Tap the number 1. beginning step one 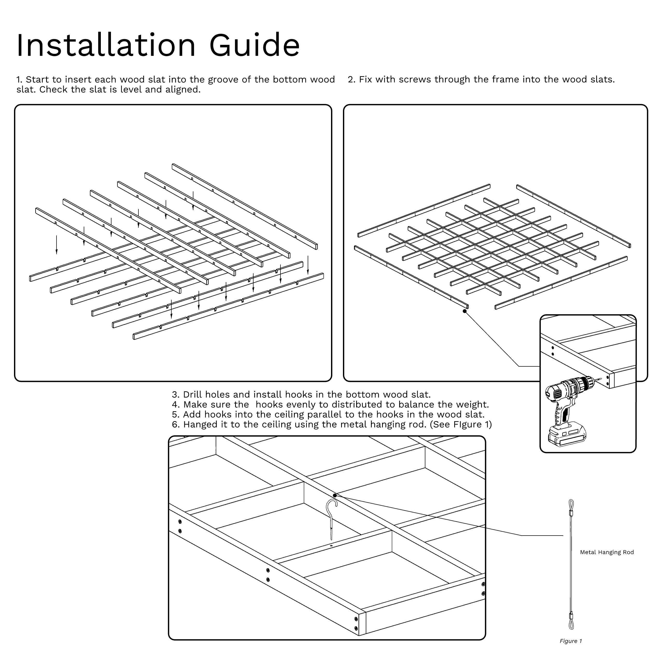point(19,80)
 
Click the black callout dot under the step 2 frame point(465,311)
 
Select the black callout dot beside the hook point(335,495)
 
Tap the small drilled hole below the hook point(331,546)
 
